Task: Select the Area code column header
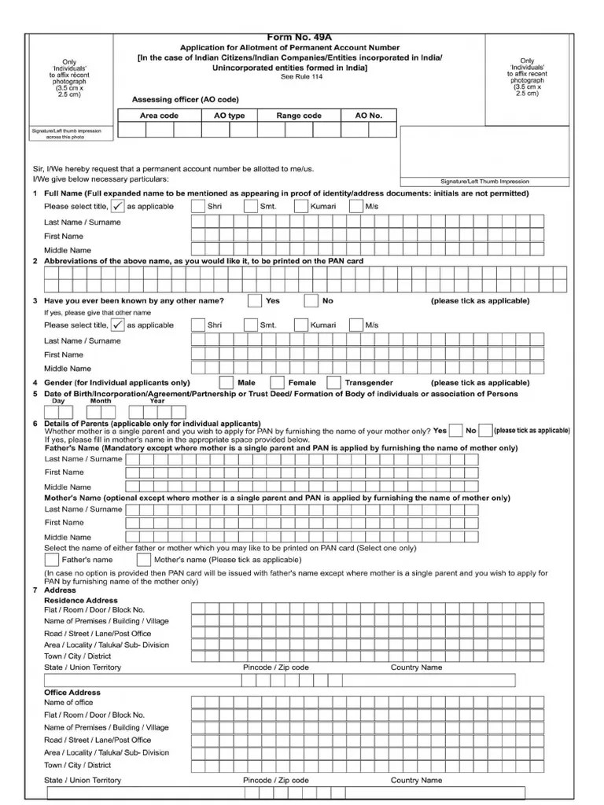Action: (x=159, y=116)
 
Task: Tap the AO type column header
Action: (x=230, y=116)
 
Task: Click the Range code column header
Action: (x=299, y=116)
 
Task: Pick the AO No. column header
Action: (x=368, y=116)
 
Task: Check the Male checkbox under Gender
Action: (x=226, y=383)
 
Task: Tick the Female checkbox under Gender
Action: (x=276, y=383)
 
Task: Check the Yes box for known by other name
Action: (x=255, y=300)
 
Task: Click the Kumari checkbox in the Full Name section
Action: (x=301, y=207)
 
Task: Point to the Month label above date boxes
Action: (x=101, y=401)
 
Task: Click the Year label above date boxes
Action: (x=157, y=401)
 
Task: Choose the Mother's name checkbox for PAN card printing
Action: (x=143, y=560)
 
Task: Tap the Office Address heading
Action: (x=72, y=693)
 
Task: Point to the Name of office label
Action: (x=68, y=703)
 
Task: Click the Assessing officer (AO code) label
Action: (x=185, y=100)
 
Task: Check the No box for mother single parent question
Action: (x=486, y=430)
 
